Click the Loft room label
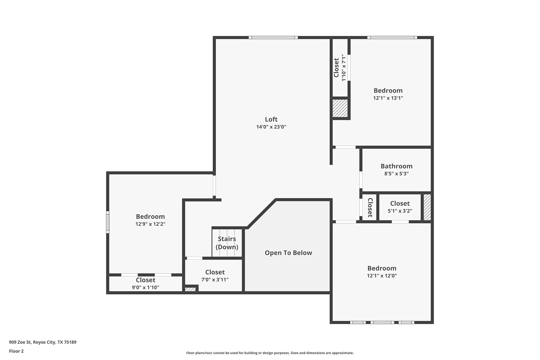click(x=271, y=119)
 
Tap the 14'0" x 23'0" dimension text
click(x=271, y=127)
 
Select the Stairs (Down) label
click(x=227, y=243)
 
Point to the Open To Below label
click(x=288, y=253)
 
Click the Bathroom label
click(x=397, y=166)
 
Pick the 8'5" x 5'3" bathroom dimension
click(x=397, y=174)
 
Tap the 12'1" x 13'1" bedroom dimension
click(x=388, y=98)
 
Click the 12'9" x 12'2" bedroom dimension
click(x=150, y=224)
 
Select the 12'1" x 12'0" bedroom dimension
click(x=382, y=276)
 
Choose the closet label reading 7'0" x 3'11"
click(x=215, y=280)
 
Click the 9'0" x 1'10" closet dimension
click(x=145, y=287)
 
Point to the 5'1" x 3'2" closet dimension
click(x=400, y=211)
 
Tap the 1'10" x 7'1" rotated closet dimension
click(x=344, y=68)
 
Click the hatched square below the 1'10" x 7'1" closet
click(x=340, y=108)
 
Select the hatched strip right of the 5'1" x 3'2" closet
click(x=427, y=207)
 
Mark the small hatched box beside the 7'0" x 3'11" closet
click(x=190, y=289)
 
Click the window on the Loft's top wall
click(x=273, y=37)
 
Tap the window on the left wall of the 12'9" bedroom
click(x=107, y=222)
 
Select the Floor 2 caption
click(x=16, y=351)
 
